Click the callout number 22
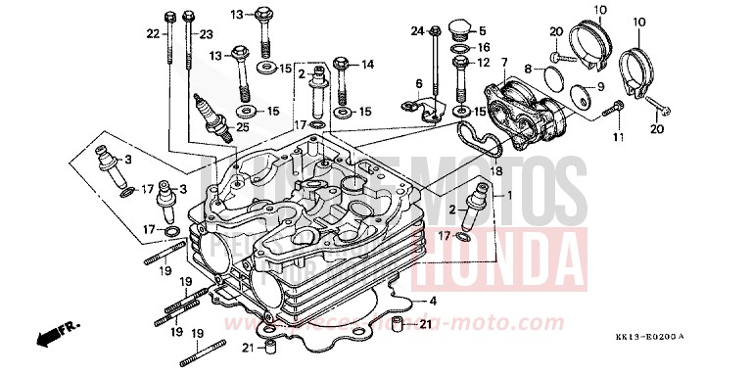pyautogui.click(x=152, y=35)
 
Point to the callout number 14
pyautogui.click(x=368, y=65)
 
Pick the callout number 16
pyautogui.click(x=484, y=48)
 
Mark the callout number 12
pyautogui.click(x=484, y=64)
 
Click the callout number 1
pyautogui.click(x=508, y=195)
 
